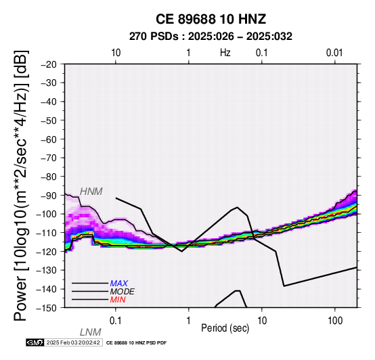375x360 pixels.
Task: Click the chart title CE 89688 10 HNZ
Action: pos(211,19)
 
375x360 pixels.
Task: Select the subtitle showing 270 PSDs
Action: pos(211,37)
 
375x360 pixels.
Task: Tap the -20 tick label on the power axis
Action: pos(49,64)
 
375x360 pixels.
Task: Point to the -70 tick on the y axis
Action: pos(49,158)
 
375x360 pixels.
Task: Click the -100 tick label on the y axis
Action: pos(47,215)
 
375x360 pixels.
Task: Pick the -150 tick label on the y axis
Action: pos(47,308)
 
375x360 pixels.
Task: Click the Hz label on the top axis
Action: pos(225,53)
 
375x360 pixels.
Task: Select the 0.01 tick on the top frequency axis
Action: pos(334,53)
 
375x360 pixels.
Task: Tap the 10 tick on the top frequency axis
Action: pos(116,53)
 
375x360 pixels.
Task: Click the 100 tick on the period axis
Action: pos(335,321)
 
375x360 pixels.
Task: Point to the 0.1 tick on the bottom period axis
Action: pos(116,321)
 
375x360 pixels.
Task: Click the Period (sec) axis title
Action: pos(225,328)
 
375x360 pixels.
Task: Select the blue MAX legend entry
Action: pos(118,284)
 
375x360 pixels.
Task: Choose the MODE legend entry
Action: pos(123,292)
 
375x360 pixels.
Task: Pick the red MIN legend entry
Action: pos(118,300)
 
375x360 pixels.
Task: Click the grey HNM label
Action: pos(91,192)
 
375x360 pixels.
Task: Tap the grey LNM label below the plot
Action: pos(91,332)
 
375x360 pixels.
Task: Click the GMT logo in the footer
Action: pos(35,342)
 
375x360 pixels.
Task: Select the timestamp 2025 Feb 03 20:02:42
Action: pos(73,342)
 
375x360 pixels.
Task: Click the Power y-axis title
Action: pos(20,185)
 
